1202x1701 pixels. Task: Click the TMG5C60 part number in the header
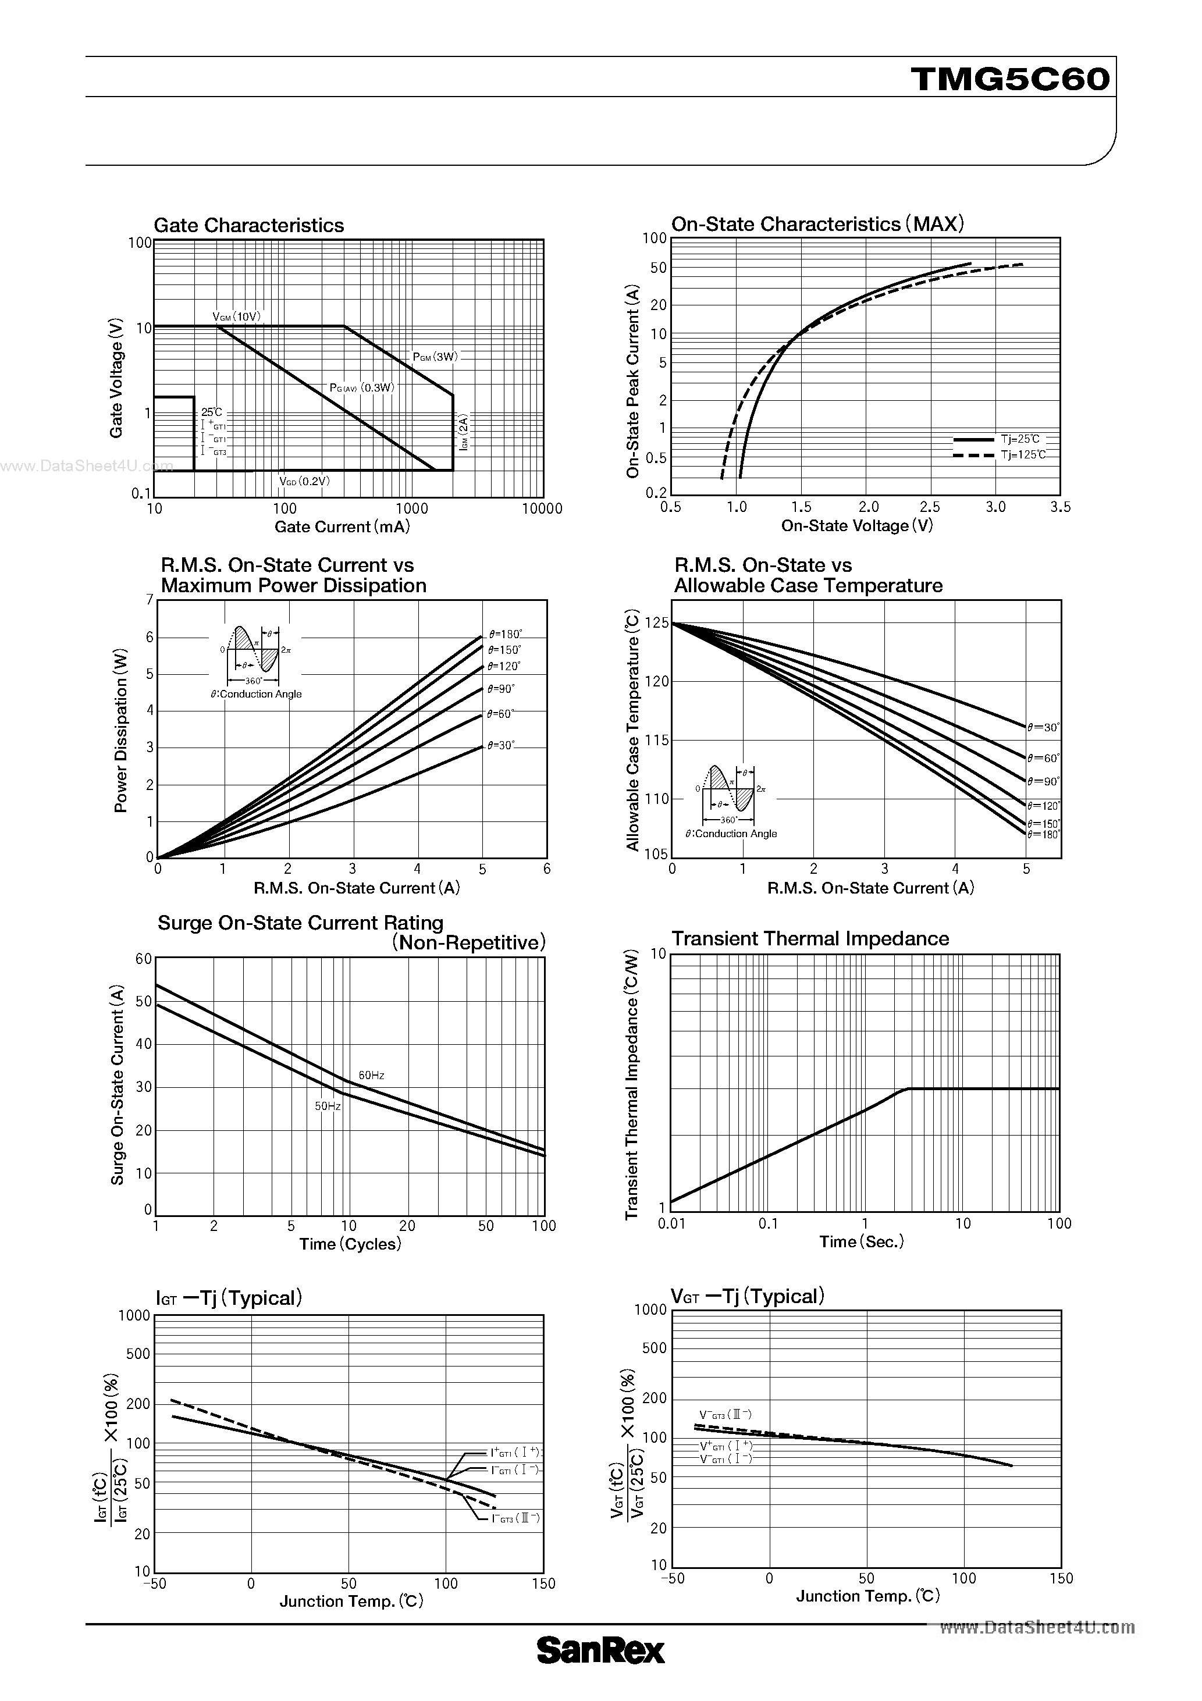1011,79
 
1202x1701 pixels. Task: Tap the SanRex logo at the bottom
600,1671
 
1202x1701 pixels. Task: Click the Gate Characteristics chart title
248,225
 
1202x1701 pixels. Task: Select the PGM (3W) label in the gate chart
436,357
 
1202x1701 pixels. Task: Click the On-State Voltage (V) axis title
856,526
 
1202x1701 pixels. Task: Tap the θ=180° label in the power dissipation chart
506,634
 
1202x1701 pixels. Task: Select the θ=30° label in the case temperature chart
1043,728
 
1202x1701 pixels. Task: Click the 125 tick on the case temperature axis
657,623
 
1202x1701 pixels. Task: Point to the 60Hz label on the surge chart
371,1075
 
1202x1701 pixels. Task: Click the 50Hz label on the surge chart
328,1106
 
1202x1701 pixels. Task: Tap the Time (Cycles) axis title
350,1244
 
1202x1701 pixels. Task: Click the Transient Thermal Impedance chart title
810,939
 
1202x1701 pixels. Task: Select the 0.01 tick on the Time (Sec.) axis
671,1223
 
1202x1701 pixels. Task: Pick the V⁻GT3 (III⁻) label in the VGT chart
726,1414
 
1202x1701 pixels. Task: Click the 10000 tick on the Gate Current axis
542,508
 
